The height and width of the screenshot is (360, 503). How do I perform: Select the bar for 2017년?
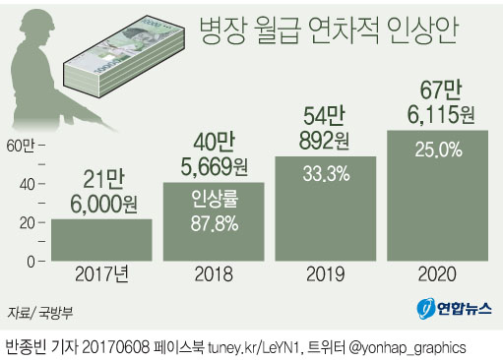[101, 239]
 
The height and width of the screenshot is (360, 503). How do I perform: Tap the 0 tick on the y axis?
[30, 261]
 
